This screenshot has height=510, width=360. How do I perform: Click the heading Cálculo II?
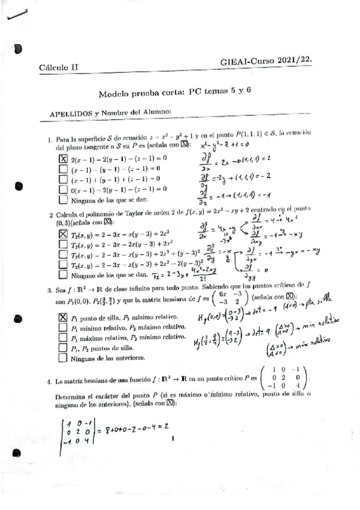pos(58,68)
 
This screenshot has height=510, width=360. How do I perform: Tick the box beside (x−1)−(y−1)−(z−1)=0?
pos(64,169)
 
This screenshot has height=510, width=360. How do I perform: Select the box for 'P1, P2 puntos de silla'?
pos(63,348)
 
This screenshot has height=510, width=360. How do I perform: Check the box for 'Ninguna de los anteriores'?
pos(63,358)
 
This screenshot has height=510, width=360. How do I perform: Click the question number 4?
pos(50,382)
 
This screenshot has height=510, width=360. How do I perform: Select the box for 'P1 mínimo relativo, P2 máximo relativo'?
pos(63,327)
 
